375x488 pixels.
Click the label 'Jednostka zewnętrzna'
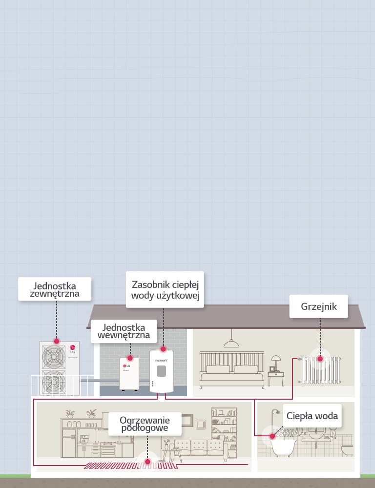(x=55, y=289)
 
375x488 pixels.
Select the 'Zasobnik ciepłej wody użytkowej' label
(x=164, y=290)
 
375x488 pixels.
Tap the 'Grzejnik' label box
(x=318, y=306)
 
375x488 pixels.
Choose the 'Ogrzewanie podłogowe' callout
(x=145, y=424)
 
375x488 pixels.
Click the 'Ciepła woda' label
(x=312, y=416)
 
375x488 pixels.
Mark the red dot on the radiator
(x=320, y=359)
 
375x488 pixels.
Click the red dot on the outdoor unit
(x=57, y=342)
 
